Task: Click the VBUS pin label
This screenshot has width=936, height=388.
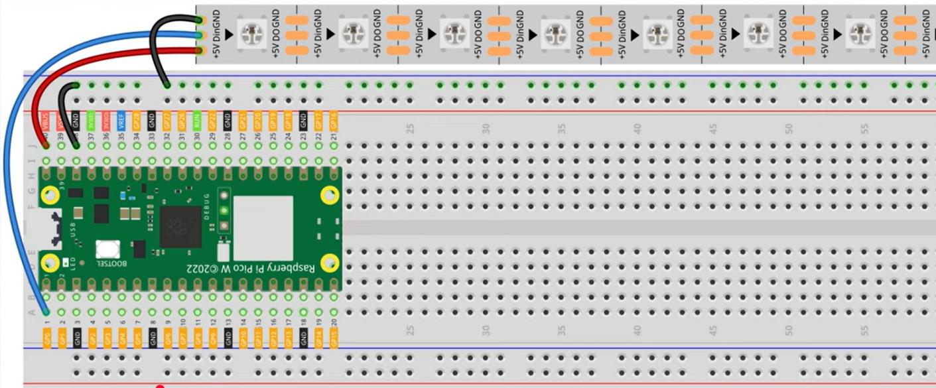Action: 46,121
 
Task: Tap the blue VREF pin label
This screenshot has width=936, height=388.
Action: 121,121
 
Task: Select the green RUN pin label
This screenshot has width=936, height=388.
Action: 197,121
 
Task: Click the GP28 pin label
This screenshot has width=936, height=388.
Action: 137,121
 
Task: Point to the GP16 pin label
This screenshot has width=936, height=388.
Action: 334,121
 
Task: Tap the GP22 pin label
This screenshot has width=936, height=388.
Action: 212,121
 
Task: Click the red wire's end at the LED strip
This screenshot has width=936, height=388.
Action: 198,50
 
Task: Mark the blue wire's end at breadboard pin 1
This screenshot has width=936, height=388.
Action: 46,312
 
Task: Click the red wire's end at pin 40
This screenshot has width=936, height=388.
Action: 46,145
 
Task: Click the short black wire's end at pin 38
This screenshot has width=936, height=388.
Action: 76,145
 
